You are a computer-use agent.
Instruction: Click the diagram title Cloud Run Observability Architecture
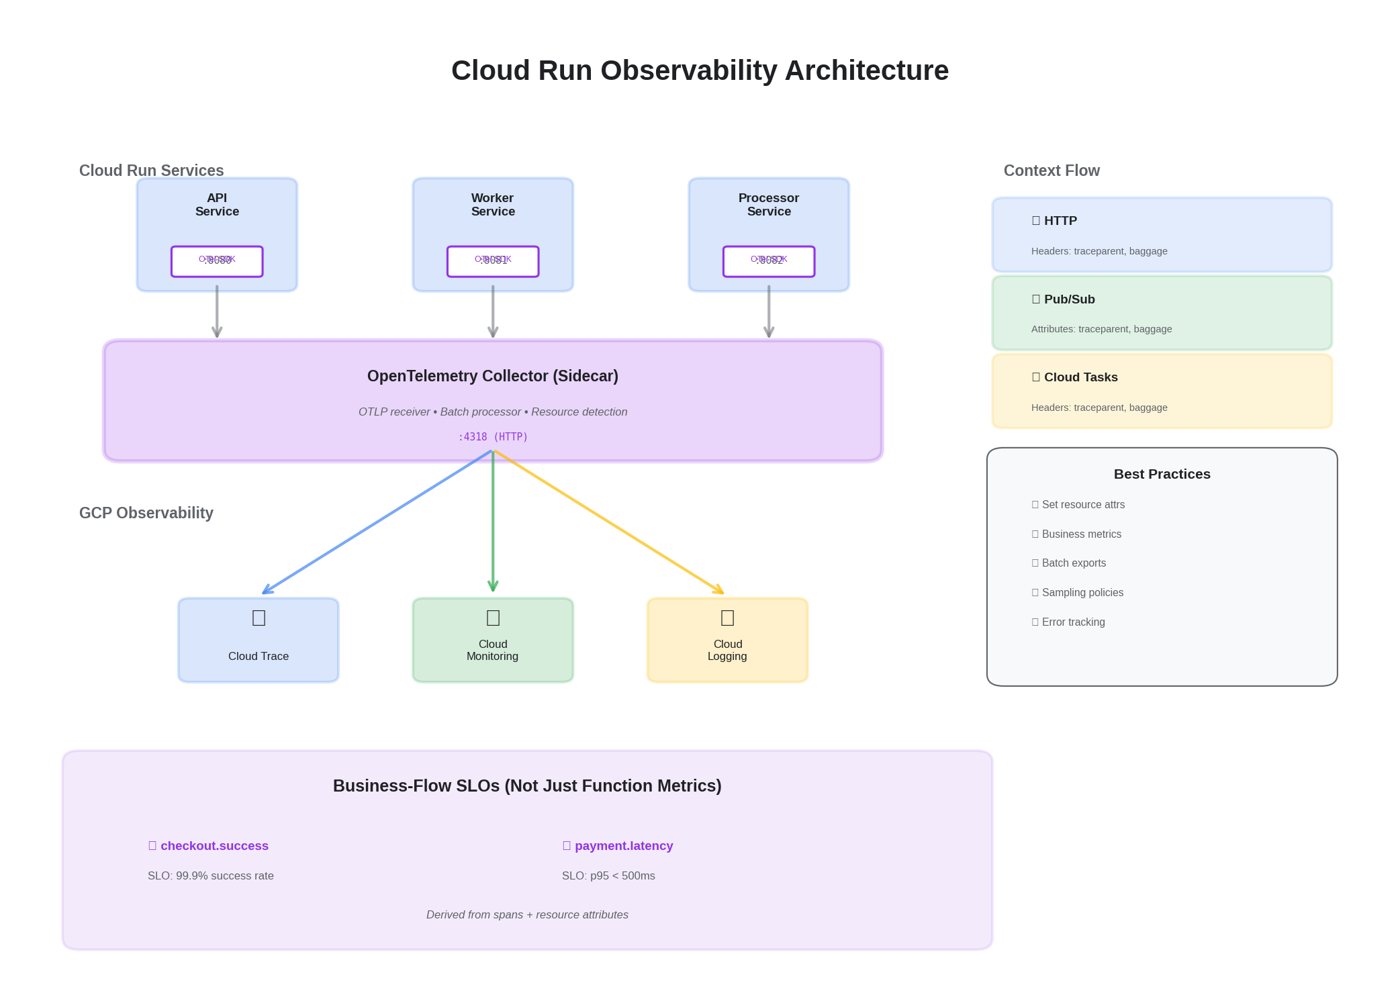[699, 70]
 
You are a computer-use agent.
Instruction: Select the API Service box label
[217, 205]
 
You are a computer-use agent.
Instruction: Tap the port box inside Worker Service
[493, 261]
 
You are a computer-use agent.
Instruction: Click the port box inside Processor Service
[769, 261]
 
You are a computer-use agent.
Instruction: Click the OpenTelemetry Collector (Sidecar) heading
[492, 376]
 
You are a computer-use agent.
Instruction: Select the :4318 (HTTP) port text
[492, 437]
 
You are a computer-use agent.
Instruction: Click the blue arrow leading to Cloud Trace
[376, 522]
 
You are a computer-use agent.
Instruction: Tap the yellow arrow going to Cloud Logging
[608, 522]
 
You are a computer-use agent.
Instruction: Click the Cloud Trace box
[259, 640]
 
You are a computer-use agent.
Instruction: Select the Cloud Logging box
[727, 640]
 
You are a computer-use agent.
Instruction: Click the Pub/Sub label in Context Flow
[1069, 299]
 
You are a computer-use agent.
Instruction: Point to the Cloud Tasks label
[1080, 377]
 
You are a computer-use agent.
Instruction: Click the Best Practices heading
[1162, 474]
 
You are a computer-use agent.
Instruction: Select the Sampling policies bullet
[1082, 593]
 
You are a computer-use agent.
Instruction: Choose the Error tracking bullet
[1073, 622]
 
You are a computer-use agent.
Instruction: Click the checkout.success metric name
[214, 846]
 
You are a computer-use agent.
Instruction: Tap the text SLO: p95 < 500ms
[608, 876]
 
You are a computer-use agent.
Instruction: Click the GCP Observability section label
[146, 513]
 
